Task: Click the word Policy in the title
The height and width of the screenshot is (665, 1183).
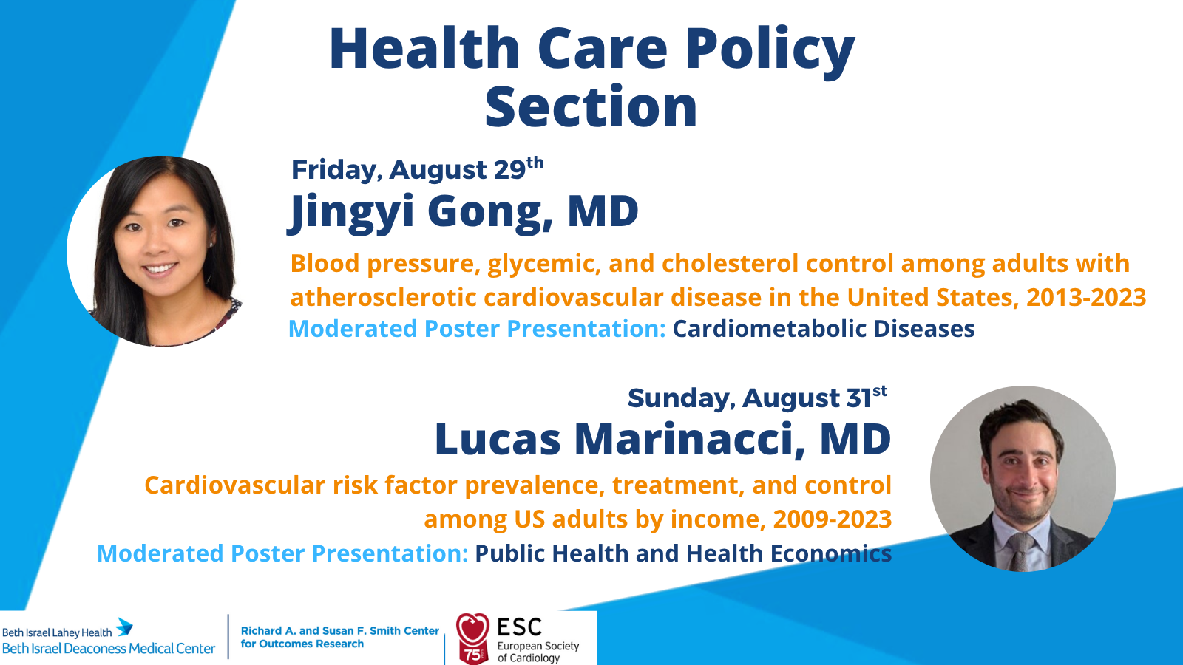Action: coord(770,50)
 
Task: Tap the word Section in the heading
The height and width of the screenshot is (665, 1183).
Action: coord(591,108)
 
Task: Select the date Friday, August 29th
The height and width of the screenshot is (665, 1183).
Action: coord(417,169)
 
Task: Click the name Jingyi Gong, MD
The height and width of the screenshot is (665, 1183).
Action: coord(463,211)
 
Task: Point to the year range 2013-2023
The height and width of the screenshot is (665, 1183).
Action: coord(1086,297)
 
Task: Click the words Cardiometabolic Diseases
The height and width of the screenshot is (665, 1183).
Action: coord(824,328)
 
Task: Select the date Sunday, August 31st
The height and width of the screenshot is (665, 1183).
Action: coord(757,398)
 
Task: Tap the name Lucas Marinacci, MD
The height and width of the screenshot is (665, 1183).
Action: coord(662,439)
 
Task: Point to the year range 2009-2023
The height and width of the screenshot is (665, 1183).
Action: coord(833,519)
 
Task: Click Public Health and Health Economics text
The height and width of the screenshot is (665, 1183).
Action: coord(683,553)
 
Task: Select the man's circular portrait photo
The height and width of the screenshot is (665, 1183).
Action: coord(1023,479)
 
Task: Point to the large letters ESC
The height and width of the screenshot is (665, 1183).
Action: coord(519,627)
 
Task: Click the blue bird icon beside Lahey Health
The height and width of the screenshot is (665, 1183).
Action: coord(125,627)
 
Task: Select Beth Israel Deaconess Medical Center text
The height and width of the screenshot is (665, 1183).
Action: coord(109,649)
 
